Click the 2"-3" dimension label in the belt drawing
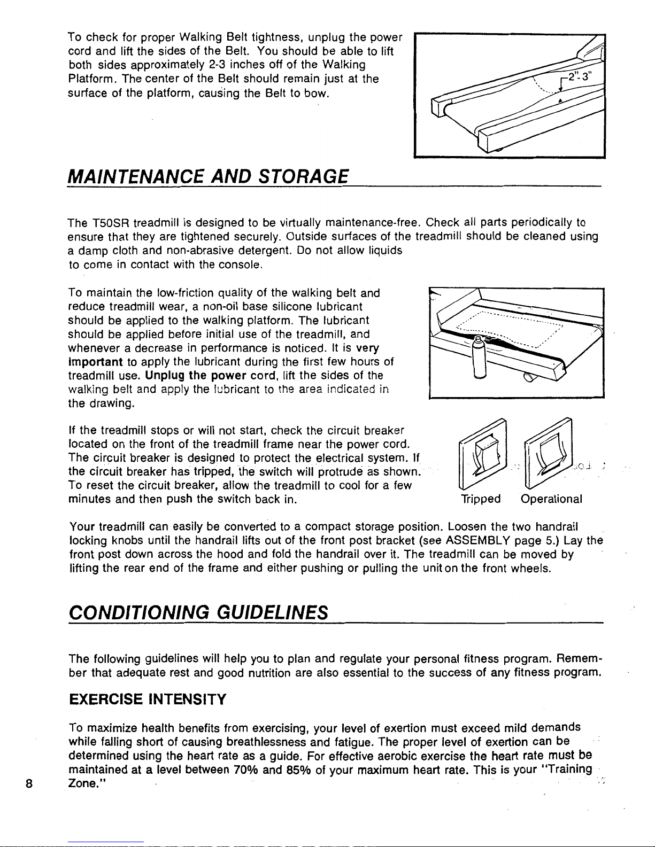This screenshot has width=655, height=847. [580, 76]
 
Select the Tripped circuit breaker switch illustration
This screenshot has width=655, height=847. [483, 453]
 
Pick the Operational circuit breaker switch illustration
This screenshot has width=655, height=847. [549, 453]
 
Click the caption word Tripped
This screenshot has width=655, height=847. [481, 499]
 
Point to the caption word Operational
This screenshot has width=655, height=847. [551, 499]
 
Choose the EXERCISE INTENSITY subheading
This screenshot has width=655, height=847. [148, 700]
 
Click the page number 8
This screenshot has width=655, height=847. [28, 783]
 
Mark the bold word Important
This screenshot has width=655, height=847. [96, 362]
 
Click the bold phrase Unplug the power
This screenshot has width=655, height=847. [196, 376]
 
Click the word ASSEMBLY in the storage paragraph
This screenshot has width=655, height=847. [477, 541]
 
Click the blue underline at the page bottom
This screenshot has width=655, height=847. [106, 842]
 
